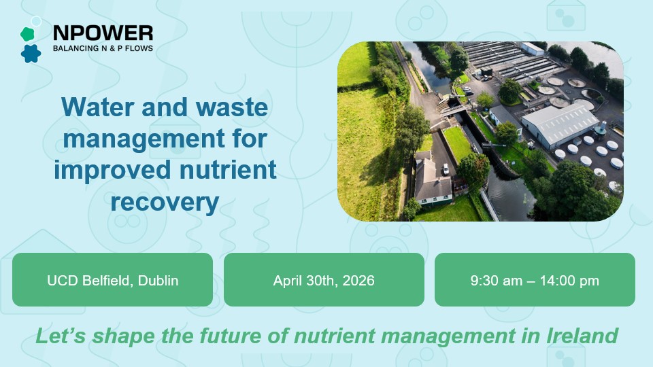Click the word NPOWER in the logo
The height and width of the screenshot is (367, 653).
tap(103, 33)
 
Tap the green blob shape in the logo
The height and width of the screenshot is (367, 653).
tap(27, 34)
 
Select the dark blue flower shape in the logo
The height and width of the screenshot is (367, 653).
tap(31, 53)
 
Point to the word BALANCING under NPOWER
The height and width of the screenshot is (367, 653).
tap(76, 49)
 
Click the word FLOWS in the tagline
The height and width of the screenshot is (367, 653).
tap(138, 49)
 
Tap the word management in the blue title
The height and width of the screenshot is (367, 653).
tap(128, 138)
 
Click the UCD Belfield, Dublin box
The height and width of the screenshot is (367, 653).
tap(113, 280)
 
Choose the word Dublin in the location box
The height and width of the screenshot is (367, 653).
tap(158, 280)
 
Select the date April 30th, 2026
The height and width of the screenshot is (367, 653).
tap(324, 280)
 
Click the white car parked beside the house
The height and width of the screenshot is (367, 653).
tap(445, 167)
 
